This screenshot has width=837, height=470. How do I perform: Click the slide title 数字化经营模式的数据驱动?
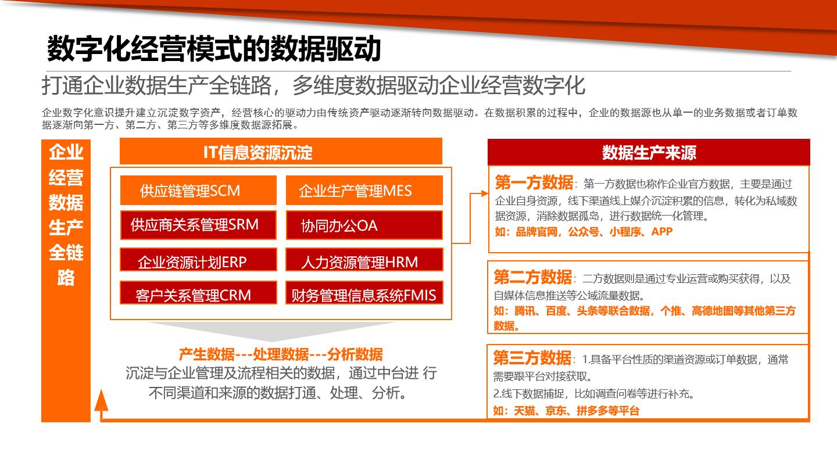pyautogui.click(x=213, y=49)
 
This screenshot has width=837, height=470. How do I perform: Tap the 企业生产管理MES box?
pyautogui.click(x=364, y=191)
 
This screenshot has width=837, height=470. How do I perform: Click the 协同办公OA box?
pyautogui.click(x=364, y=225)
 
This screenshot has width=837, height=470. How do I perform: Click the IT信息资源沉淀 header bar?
pyautogui.click(x=281, y=152)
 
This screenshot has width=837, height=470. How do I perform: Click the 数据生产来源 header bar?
pyautogui.click(x=649, y=152)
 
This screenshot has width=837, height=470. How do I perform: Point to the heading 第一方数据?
pyautogui.click(x=534, y=183)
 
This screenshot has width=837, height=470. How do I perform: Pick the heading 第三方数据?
pyautogui.click(x=532, y=357)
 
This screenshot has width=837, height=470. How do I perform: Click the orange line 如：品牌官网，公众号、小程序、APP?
pyautogui.click(x=583, y=232)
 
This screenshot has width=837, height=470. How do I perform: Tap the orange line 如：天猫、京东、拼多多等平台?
pyautogui.click(x=566, y=411)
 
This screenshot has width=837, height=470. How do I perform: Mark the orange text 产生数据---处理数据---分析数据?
pyautogui.click(x=281, y=354)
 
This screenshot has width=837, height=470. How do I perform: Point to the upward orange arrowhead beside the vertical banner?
pyautogui.click(x=102, y=400)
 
